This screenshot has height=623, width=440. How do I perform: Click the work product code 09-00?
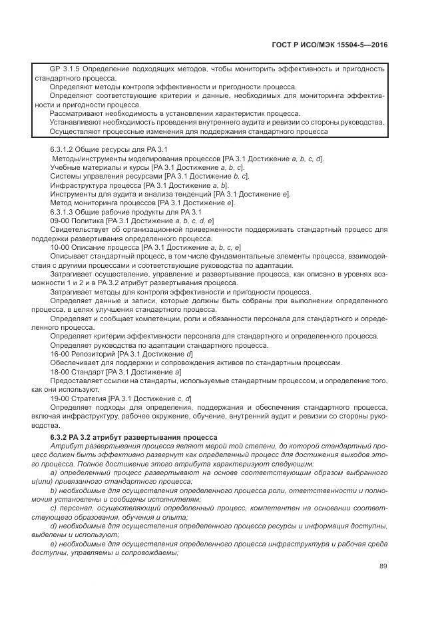click(x=60, y=220)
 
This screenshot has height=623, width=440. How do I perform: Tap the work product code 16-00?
click(x=60, y=353)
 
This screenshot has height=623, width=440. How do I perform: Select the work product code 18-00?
click(x=60, y=370)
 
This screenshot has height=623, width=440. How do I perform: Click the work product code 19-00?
click(x=60, y=398)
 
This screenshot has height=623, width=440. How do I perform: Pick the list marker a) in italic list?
click(x=53, y=472)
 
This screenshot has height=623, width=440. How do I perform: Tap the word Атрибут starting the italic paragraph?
click(x=65, y=446)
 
